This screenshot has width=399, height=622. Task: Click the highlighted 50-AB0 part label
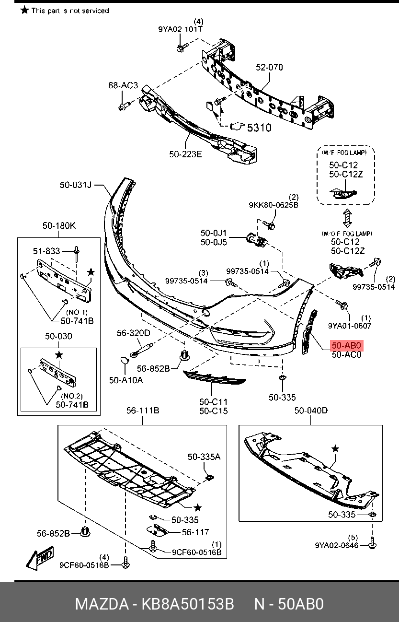pyautogui.click(x=346, y=345)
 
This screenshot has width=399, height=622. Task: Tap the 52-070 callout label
pyautogui.click(x=269, y=67)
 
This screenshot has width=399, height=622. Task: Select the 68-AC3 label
pyautogui.click(x=123, y=85)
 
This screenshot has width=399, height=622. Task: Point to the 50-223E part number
pyautogui.click(x=185, y=154)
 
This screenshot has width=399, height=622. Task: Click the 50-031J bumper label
pyautogui.click(x=76, y=185)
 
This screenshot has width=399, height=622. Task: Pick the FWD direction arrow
pyautogui.click(x=40, y=558)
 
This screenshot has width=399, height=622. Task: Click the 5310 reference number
pyautogui.click(x=259, y=128)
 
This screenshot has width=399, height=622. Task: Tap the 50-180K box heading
pyautogui.click(x=59, y=225)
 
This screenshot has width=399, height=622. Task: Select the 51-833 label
pyautogui.click(x=46, y=251)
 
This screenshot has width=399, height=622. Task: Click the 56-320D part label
pyautogui.click(x=133, y=333)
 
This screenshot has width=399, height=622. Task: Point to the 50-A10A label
pyautogui.click(x=126, y=380)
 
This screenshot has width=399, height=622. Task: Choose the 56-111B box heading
pyautogui.click(x=143, y=411)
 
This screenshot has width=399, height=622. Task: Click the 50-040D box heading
pyautogui.click(x=311, y=411)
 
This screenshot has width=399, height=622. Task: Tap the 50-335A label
pyautogui.click(x=204, y=457)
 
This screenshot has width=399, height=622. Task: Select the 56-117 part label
pyautogui.click(x=195, y=532)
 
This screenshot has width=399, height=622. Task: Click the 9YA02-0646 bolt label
pyautogui.click(x=337, y=545)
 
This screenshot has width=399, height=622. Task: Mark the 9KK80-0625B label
pyautogui.click(x=274, y=205)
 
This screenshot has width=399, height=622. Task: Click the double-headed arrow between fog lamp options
pyautogui.click(x=347, y=219)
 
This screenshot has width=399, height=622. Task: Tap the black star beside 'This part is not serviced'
pyautogui.click(x=25, y=10)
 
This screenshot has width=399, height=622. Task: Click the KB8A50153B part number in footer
pyautogui.click(x=188, y=604)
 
